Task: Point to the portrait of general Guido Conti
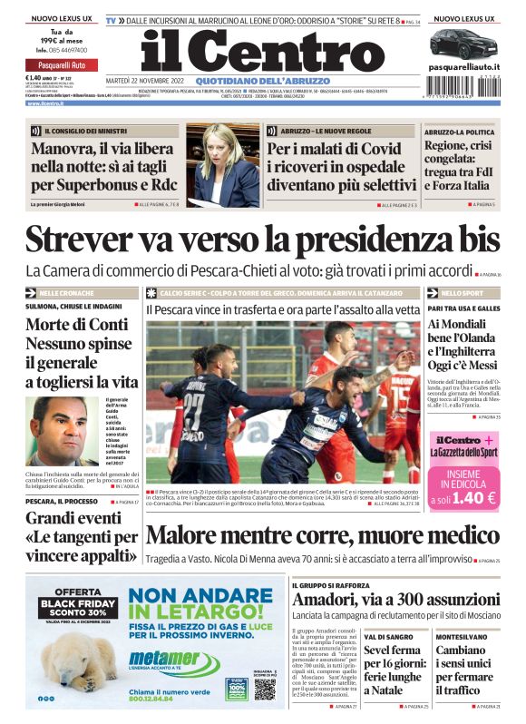click(63, 429)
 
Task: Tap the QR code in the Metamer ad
click(263, 689)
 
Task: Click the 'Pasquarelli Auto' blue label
click(62, 66)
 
